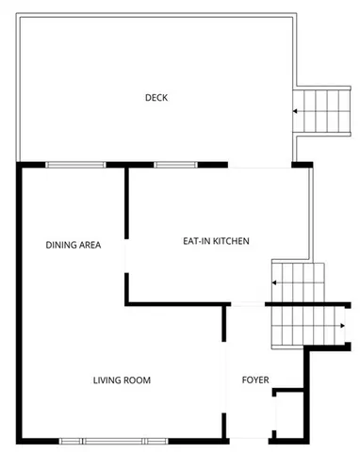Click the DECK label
(x=156, y=97)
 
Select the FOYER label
(x=255, y=380)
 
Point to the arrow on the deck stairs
(x=297, y=111)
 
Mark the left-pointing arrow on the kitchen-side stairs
(x=276, y=282)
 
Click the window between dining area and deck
(x=75, y=165)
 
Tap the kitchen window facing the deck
(x=169, y=165)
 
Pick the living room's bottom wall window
(x=114, y=441)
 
